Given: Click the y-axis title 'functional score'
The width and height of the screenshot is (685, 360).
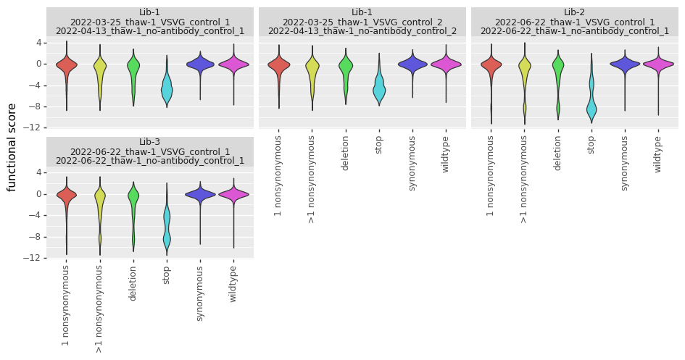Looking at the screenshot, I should (x=12, y=147).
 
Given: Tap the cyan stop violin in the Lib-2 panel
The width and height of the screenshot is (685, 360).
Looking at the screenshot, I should (x=591, y=107).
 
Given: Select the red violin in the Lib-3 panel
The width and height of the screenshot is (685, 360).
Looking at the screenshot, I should (x=67, y=195).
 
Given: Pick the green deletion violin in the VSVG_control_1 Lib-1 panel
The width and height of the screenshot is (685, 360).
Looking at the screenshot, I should (x=133, y=69).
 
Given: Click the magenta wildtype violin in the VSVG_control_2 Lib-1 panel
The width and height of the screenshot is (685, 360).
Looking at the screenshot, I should (x=446, y=64).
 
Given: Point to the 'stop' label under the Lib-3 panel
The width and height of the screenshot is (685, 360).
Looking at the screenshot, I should (x=166, y=275).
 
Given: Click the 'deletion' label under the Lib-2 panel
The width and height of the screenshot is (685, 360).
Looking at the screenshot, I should (x=557, y=154).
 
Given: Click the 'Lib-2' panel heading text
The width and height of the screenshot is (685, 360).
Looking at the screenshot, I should (x=574, y=12).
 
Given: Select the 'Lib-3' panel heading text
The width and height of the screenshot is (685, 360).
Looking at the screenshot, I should (x=150, y=142).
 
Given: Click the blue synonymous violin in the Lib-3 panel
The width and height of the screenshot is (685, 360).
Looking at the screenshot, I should (x=200, y=194).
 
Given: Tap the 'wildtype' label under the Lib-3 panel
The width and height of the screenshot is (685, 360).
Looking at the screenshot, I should (x=233, y=284).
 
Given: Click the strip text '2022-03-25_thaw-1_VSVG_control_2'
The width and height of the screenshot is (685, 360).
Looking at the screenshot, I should (x=362, y=22).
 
